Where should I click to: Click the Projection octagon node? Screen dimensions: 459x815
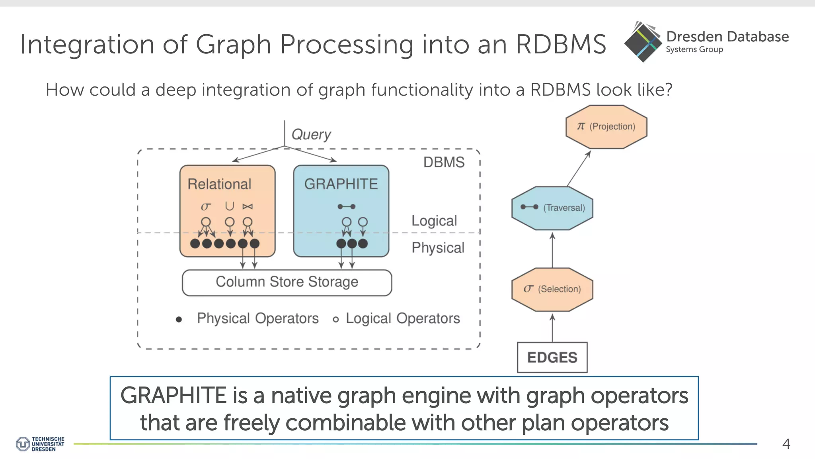click(x=606, y=127)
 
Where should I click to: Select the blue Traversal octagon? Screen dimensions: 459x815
click(x=552, y=208)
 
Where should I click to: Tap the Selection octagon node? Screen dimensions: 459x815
click(x=552, y=289)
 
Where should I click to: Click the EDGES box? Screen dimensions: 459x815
click(x=552, y=357)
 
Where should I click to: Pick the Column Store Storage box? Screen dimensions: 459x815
click(x=287, y=282)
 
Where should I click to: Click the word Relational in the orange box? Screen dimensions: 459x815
click(x=219, y=184)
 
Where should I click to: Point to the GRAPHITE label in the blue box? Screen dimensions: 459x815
click(x=341, y=184)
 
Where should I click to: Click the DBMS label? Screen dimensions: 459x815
click(x=444, y=163)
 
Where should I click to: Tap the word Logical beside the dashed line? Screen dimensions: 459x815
click(x=434, y=221)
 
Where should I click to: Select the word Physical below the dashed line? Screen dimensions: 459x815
click(x=438, y=248)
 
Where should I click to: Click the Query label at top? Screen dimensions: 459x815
click(x=311, y=135)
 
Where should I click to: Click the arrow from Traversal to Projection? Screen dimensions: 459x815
click(x=579, y=168)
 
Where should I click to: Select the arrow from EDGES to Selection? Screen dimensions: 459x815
click(x=552, y=328)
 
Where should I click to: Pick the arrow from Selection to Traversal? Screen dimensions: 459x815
click(x=552, y=250)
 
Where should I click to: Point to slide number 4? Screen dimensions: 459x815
click(x=786, y=444)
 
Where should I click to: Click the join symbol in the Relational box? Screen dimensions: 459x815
click(x=248, y=206)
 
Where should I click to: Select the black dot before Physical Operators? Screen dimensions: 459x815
click(x=179, y=319)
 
